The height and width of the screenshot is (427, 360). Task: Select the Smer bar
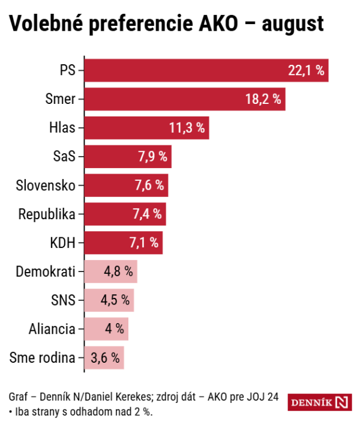coord(185,99)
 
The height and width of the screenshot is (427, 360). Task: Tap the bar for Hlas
coord(146,128)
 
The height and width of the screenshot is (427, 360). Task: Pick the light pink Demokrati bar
coord(111,271)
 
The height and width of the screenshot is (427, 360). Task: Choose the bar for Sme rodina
coord(104,359)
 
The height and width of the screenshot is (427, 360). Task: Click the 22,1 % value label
coord(306,71)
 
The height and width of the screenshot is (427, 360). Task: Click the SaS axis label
coord(64,157)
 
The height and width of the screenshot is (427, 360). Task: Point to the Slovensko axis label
coord(46,186)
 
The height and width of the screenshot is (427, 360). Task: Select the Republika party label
coord(47,214)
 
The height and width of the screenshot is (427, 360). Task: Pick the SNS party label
coord(63,300)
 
